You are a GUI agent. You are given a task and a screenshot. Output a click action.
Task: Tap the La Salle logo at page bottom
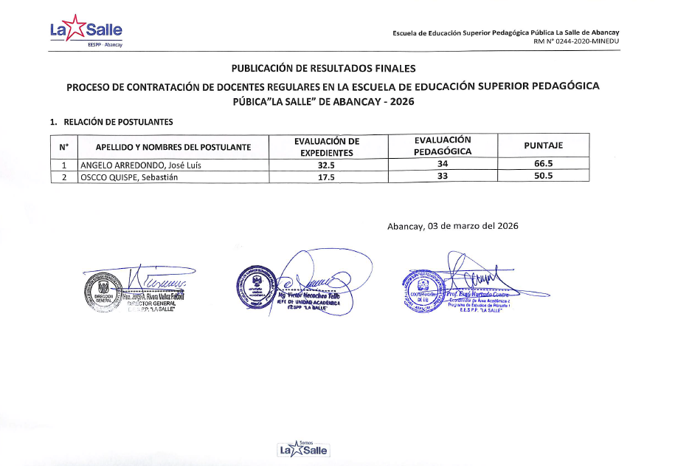click(x=302, y=448)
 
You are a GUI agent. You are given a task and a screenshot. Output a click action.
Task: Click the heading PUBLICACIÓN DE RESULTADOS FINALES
click(x=324, y=69)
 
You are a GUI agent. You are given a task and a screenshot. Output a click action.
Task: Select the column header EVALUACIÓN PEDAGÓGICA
click(x=443, y=146)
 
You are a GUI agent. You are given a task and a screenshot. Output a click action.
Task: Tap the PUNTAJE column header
click(x=543, y=146)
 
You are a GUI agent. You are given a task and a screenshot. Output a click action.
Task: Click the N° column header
click(x=63, y=147)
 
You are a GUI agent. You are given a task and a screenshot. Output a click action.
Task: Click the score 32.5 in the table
click(x=326, y=165)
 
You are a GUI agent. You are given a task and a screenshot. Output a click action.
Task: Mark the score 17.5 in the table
click(x=326, y=177)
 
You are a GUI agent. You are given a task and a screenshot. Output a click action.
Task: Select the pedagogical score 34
click(x=443, y=165)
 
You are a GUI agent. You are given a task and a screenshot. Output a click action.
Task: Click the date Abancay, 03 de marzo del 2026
click(x=452, y=226)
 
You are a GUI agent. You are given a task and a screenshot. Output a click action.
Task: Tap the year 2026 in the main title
click(x=401, y=102)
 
